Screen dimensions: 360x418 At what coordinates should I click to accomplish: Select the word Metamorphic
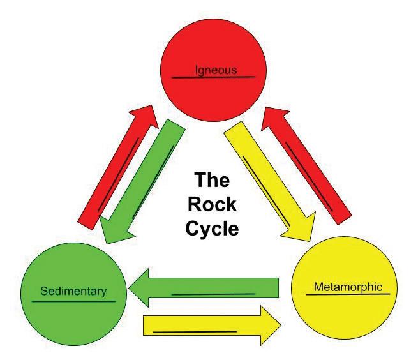(x=348, y=287)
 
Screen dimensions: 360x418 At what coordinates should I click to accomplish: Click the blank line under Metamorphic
(x=348, y=294)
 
